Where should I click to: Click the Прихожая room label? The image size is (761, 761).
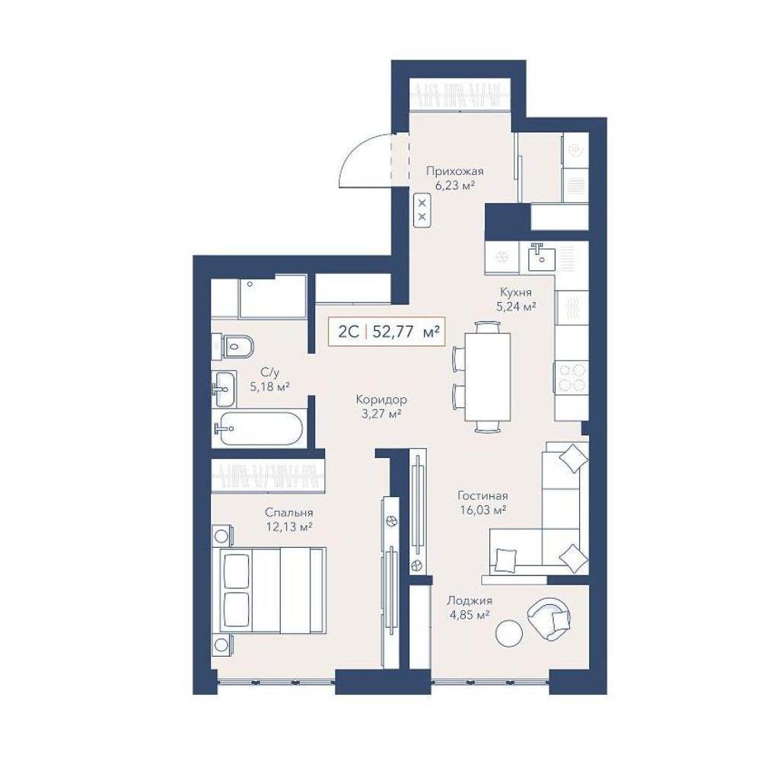pyautogui.click(x=455, y=170)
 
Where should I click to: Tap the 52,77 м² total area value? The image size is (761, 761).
pyautogui.click(x=406, y=332)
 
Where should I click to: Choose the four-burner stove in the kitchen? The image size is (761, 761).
pyautogui.click(x=571, y=377)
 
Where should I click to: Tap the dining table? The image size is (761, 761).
pyautogui.click(x=487, y=377)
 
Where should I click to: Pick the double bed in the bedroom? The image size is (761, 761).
pyautogui.click(x=272, y=591)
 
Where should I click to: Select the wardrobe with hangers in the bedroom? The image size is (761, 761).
pyautogui.click(x=268, y=474)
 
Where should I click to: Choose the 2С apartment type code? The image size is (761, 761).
pyautogui.click(x=349, y=332)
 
